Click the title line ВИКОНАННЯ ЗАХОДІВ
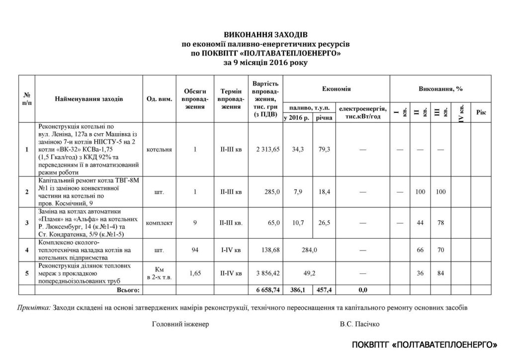265,35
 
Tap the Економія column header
337,89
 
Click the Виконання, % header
440,89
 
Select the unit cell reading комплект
160,223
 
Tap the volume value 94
195,250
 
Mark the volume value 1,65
195,273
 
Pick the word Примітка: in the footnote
34,307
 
